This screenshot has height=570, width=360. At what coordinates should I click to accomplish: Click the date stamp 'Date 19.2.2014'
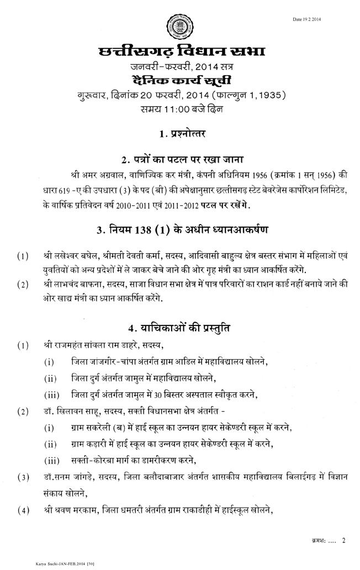click(307, 19)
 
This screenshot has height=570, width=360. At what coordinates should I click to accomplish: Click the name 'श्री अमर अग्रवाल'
click(93, 176)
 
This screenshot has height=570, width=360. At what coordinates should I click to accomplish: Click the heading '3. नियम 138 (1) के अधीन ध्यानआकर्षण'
click(180, 230)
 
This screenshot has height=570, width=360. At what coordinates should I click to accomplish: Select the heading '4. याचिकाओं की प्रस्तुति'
click(180, 328)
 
